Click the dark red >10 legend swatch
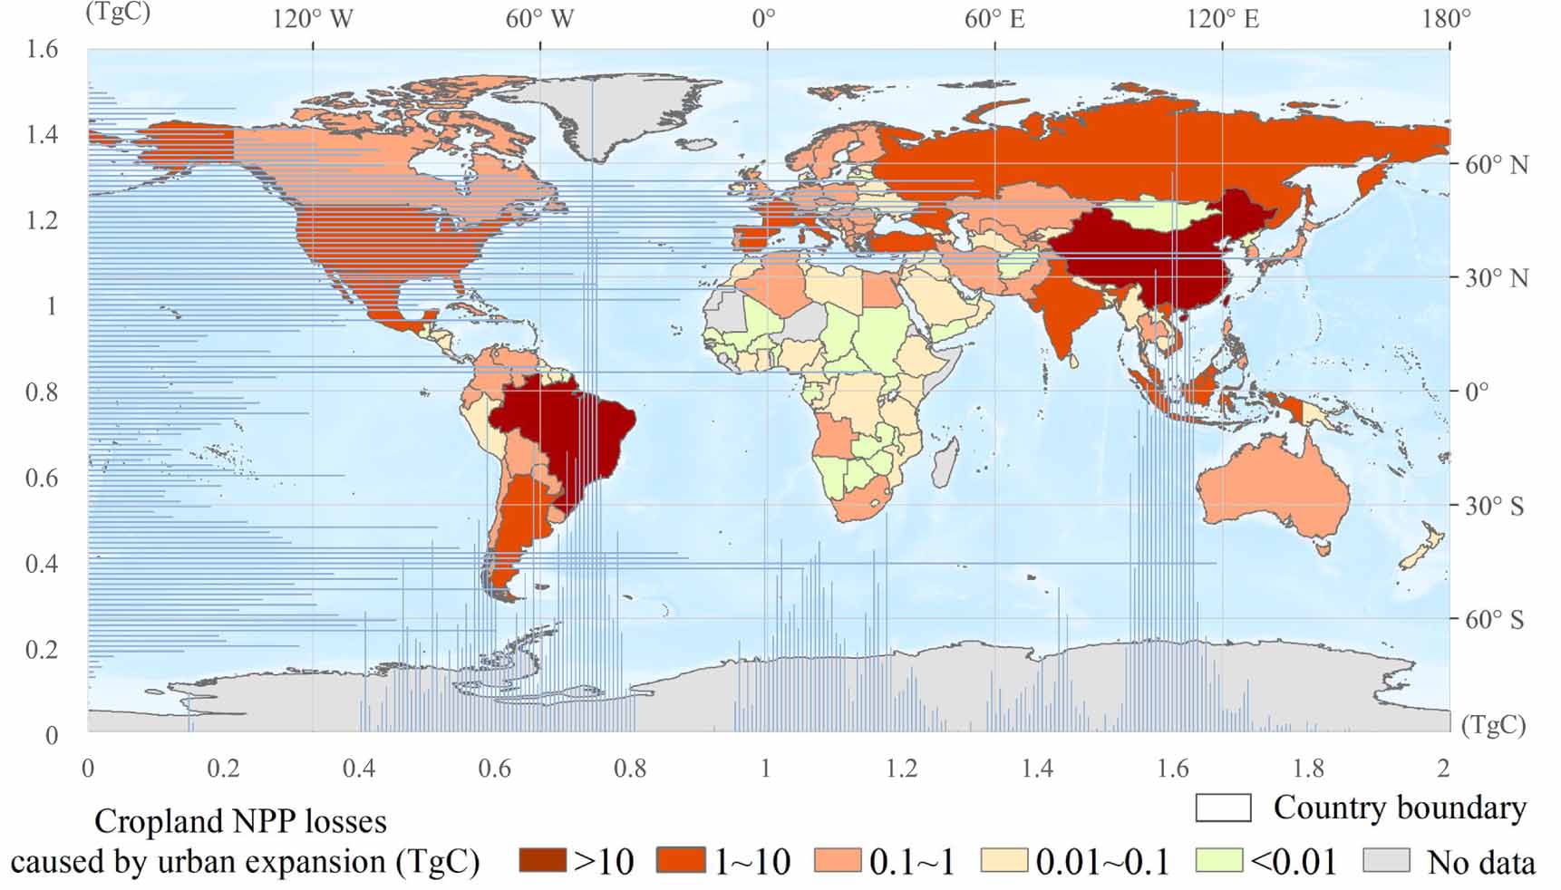[542, 860]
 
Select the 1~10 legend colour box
[680, 860]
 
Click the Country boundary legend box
[1223, 808]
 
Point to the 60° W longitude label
[539, 19]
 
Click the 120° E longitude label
[1223, 19]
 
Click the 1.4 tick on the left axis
[42, 134]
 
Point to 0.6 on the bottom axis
[494, 769]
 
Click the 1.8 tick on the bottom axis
[1308, 769]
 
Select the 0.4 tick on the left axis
[42, 564]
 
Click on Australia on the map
[1274, 494]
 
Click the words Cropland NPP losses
[240, 821]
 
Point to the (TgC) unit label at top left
[118, 12]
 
